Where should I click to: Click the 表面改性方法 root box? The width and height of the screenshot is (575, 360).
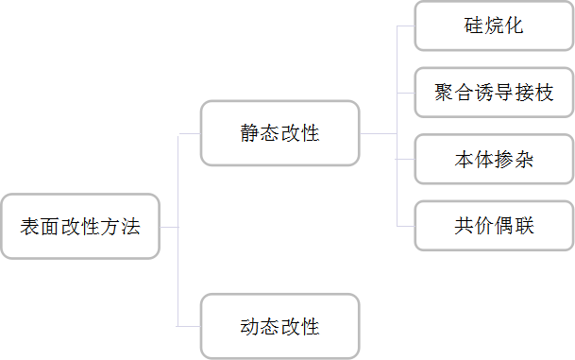(80, 227)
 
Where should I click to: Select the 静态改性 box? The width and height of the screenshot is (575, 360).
(279, 133)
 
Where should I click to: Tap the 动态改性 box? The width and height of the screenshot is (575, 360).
(279, 326)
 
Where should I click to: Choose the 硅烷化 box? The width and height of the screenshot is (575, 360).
(494, 26)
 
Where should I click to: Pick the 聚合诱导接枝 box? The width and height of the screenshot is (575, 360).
(494, 93)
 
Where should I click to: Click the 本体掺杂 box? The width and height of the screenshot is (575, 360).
(494, 159)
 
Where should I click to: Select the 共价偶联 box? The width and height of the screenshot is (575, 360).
(494, 226)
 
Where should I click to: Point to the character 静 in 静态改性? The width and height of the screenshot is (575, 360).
(249, 133)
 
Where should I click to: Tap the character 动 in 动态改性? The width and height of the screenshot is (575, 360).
(249, 327)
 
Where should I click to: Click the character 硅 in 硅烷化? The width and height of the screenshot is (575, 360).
(473, 26)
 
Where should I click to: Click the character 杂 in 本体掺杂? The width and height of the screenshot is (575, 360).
(524, 159)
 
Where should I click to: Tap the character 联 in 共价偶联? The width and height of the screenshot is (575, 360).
(524, 226)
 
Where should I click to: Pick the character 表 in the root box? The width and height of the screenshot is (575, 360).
(30, 227)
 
